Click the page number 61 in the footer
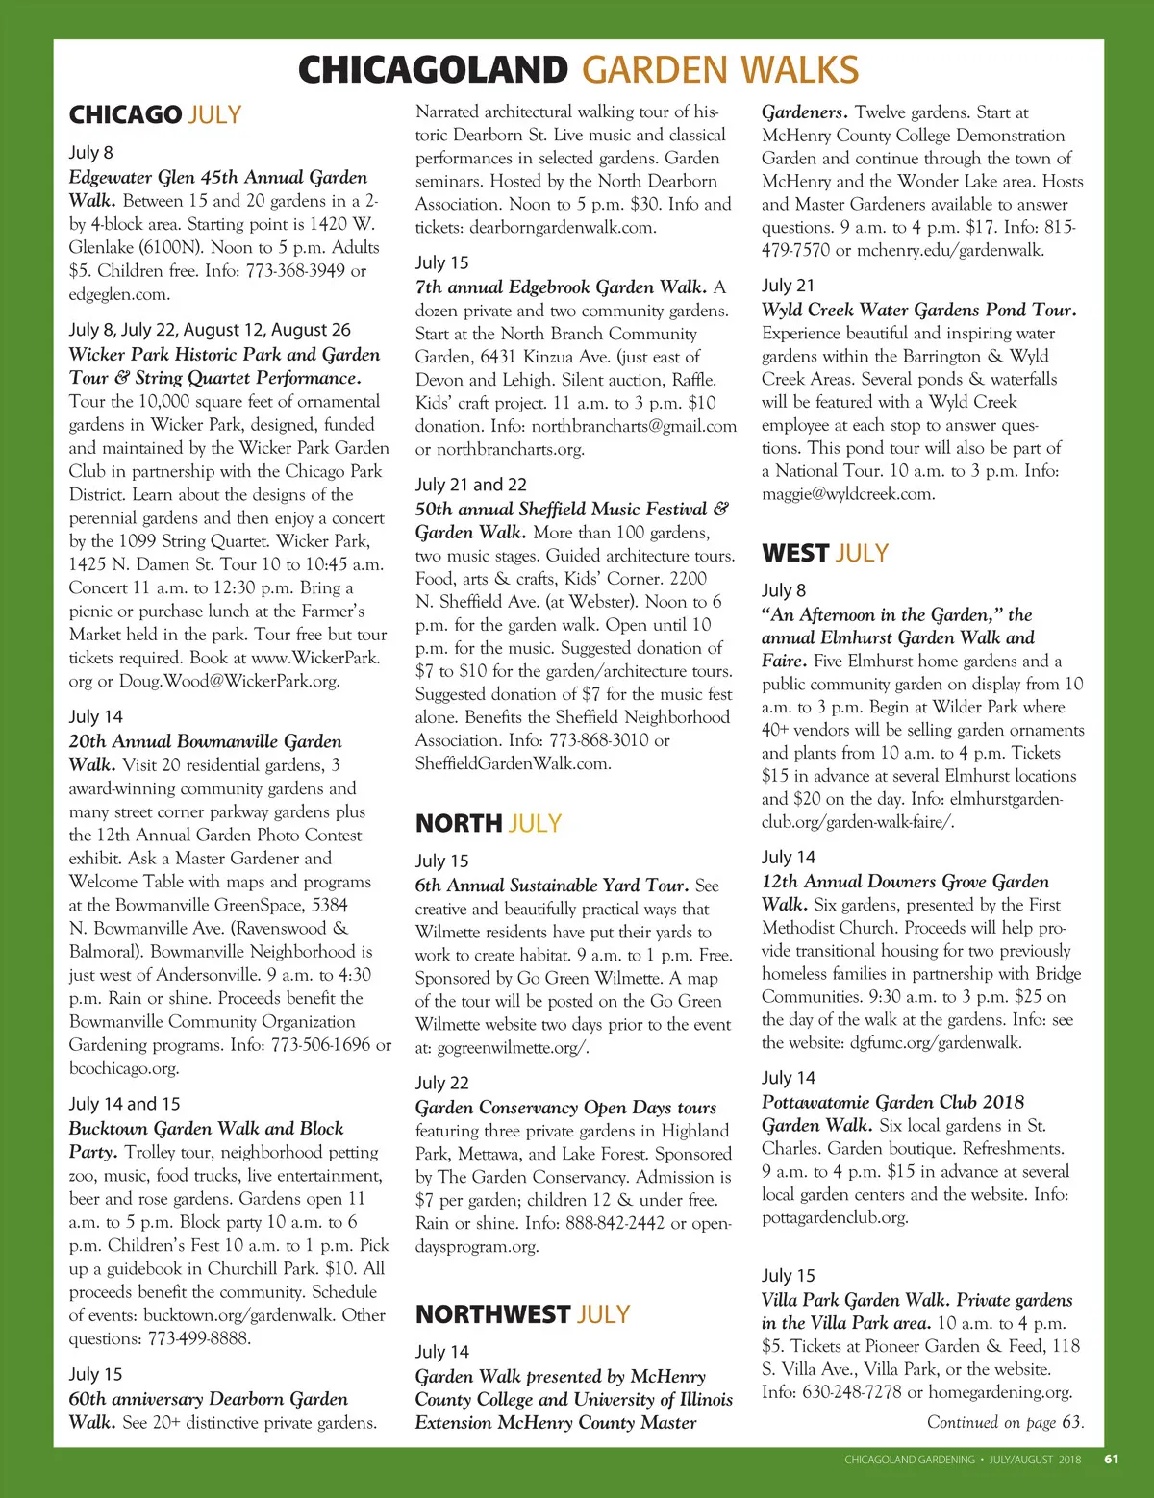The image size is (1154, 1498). click(x=1111, y=1459)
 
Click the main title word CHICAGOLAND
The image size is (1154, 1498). click(x=433, y=70)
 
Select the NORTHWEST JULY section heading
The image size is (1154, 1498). click(x=522, y=1314)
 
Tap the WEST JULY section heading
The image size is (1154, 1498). click(x=824, y=554)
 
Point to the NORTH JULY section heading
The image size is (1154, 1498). click(x=488, y=824)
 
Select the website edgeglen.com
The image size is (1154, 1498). click(x=119, y=294)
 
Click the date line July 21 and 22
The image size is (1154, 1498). click(x=470, y=485)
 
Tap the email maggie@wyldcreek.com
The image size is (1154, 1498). click(x=847, y=494)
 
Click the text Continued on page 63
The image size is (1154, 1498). click(x=1005, y=1422)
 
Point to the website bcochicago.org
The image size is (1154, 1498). click(x=124, y=1068)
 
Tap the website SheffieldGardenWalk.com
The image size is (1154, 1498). click(x=513, y=763)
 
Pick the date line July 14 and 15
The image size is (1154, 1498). click(x=124, y=1104)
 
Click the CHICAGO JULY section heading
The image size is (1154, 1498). click(x=155, y=115)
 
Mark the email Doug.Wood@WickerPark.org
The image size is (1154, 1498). click(x=229, y=681)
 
